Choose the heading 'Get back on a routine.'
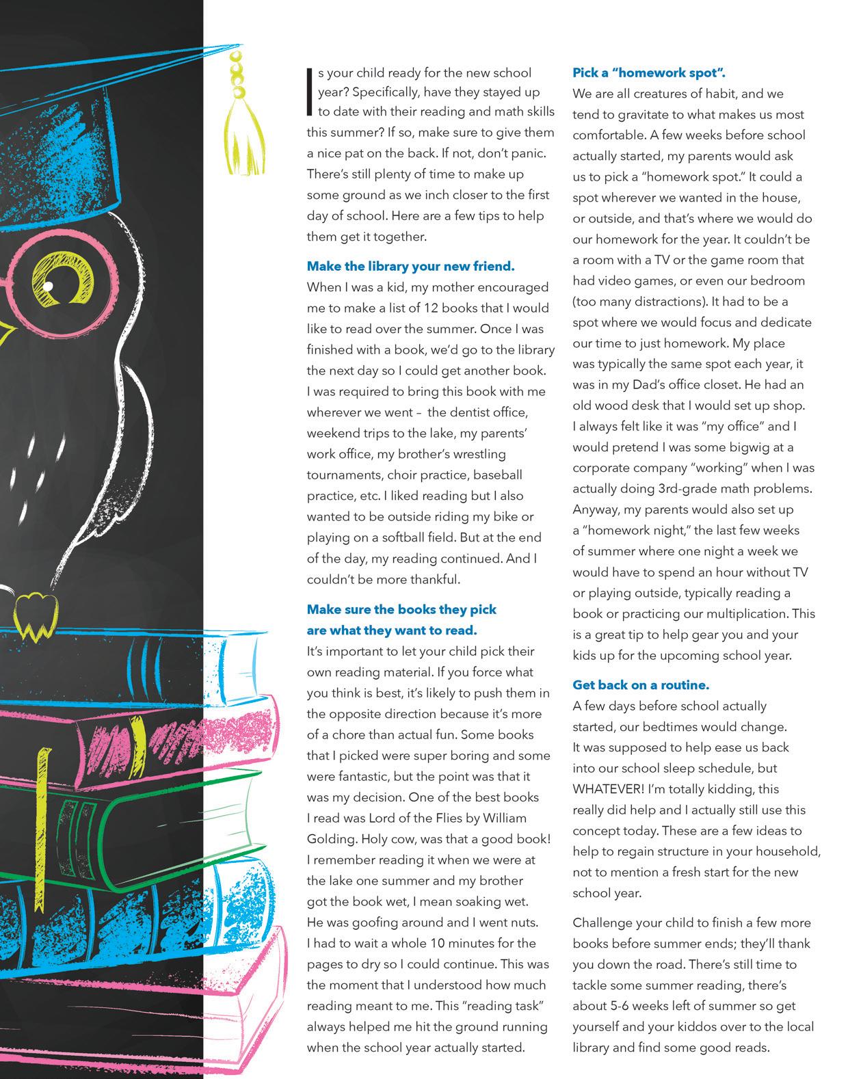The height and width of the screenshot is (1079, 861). (x=641, y=684)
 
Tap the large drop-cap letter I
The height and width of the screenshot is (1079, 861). (x=310, y=92)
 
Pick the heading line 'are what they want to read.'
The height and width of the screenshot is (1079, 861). (x=392, y=629)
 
